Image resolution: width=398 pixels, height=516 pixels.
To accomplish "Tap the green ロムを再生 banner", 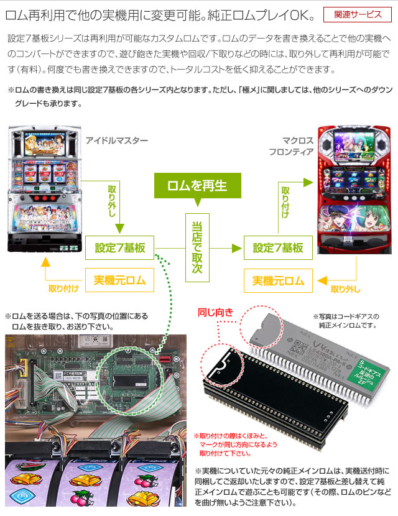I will tap(197, 185).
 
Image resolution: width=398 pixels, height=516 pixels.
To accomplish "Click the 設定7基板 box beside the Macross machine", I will tap(278, 248).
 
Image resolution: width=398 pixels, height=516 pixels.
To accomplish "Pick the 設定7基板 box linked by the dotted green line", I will tap(120, 248).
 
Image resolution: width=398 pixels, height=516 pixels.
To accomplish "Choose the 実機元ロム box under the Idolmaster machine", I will tap(119, 280).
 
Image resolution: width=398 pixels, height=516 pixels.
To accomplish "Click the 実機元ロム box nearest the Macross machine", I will tap(278, 280).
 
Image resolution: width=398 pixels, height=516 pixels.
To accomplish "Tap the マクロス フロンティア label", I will tap(291, 147).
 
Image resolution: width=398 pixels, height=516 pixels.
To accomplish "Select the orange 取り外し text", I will tap(345, 289).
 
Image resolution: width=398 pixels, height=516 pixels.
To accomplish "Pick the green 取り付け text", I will tap(285, 202).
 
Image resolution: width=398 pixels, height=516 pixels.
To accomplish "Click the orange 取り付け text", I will tap(64, 289).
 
